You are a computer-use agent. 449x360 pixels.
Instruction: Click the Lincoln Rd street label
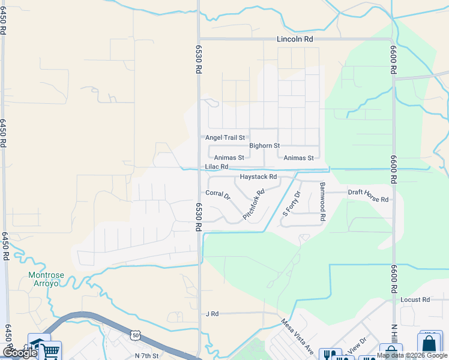295,39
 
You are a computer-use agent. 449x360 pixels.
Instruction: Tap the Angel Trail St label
226,137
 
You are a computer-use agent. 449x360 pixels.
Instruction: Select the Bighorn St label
265,146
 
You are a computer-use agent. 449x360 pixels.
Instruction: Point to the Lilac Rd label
217,167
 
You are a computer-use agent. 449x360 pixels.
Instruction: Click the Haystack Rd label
258,177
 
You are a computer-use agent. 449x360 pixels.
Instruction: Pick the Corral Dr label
218,194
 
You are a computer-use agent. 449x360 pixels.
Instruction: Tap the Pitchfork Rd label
253,204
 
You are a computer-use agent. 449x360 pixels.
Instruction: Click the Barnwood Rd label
322,200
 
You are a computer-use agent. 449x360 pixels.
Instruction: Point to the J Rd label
212,314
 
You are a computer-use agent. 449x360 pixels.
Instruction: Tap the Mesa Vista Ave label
298,336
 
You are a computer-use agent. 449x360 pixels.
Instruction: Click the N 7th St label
146,356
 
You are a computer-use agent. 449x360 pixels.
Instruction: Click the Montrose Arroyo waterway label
44,279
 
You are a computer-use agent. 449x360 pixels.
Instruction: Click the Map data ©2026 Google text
412,355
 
